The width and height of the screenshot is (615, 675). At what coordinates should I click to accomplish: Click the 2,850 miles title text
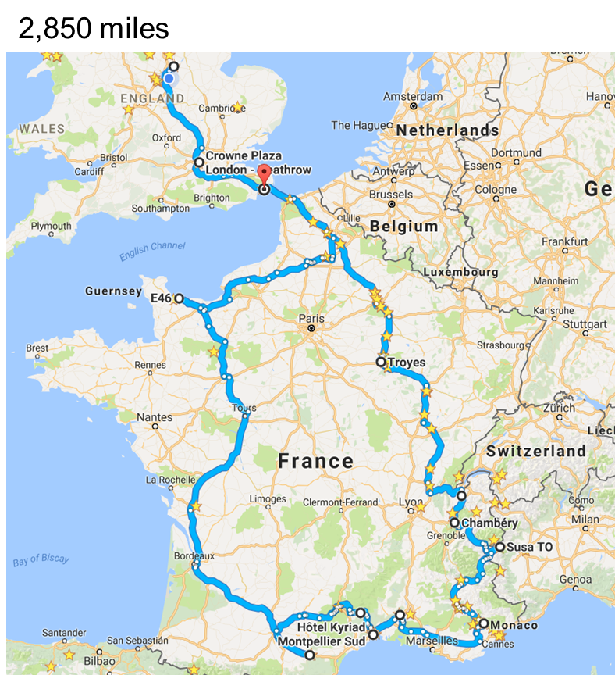click(x=94, y=29)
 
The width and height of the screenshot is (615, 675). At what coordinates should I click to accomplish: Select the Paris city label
click(x=311, y=318)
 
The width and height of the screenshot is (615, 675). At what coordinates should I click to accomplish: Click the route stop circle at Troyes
click(x=381, y=362)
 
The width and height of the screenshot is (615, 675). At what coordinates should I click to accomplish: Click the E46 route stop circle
click(x=179, y=298)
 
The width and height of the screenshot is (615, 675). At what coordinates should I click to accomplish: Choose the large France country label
click(x=315, y=461)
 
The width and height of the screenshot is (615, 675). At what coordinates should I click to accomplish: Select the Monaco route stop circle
click(x=483, y=623)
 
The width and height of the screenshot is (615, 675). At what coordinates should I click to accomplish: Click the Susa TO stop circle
click(x=499, y=547)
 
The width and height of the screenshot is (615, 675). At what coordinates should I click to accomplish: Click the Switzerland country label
click(x=535, y=451)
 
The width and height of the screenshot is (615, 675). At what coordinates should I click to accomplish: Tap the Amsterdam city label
click(x=412, y=97)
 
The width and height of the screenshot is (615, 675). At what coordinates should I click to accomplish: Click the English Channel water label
click(x=152, y=252)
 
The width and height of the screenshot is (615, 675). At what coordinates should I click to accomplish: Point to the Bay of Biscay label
click(x=41, y=560)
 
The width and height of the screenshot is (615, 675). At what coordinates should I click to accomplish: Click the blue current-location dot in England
click(x=169, y=78)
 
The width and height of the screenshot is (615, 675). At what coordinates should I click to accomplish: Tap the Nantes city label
click(x=155, y=417)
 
